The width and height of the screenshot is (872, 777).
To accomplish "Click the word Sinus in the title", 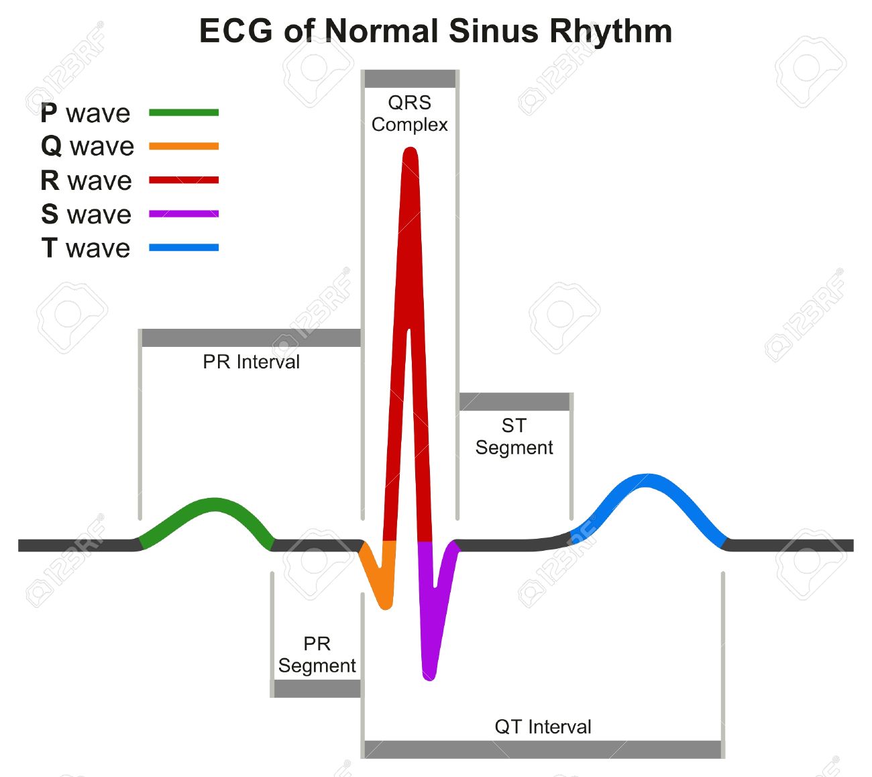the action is tap(493, 31).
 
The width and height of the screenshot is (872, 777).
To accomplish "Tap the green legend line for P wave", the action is tap(184, 112).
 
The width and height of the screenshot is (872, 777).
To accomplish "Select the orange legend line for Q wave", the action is tap(184, 146).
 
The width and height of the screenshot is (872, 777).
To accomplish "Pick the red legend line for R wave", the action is tap(184, 180).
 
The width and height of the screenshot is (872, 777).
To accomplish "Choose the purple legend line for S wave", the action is tap(184, 213).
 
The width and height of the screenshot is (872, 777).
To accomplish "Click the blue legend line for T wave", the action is tap(184, 248).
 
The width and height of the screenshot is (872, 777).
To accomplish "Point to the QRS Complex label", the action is tap(409, 113).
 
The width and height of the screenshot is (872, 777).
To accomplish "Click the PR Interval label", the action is tap(251, 362).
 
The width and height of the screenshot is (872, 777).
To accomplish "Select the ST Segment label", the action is tap(514, 437).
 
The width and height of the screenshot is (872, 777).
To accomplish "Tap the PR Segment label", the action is tap(317, 654).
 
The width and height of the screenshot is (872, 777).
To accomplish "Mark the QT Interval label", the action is tap(543, 727).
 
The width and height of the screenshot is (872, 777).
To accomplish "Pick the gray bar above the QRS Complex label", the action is tap(410, 79).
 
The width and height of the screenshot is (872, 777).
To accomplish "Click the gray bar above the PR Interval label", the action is tap(251, 338).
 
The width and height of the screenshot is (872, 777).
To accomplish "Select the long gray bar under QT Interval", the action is tap(543, 749).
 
